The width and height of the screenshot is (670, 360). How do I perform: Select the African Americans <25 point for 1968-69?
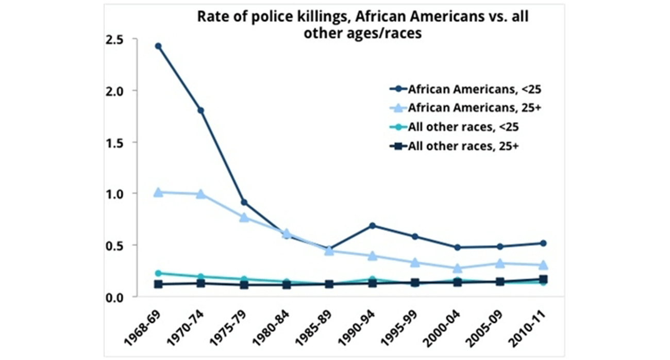158,46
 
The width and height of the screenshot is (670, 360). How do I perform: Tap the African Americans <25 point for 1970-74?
200,110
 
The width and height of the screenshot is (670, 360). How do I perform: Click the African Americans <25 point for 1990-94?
372,225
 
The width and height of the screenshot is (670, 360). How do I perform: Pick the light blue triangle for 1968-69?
158,192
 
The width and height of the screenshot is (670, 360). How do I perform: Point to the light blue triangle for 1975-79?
244,217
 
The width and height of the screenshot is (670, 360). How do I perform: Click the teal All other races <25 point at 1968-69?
158,273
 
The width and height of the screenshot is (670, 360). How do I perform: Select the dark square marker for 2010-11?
543,279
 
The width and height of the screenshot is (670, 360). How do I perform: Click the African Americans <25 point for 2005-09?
500,247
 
